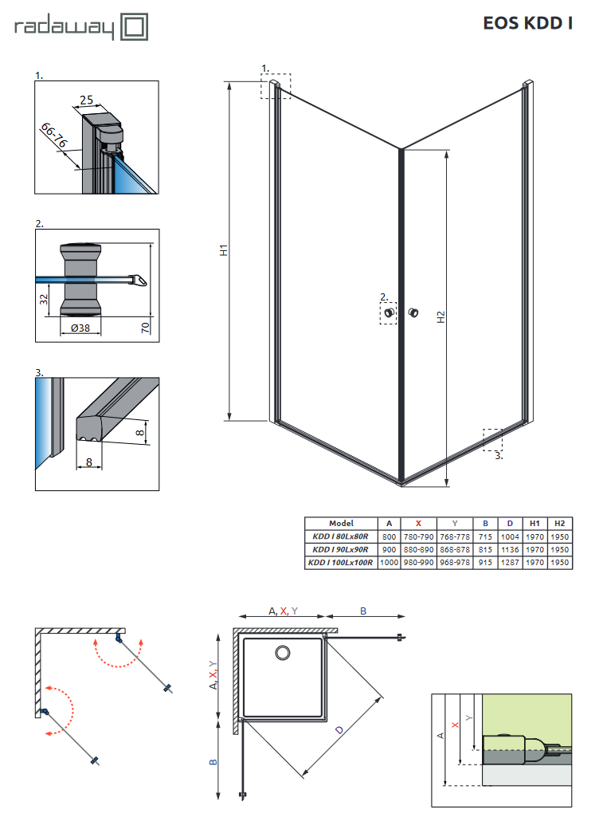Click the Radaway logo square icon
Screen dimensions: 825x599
(134, 29)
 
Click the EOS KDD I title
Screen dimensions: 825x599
(527, 23)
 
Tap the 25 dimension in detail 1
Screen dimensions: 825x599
(87, 100)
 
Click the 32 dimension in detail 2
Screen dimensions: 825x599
(45, 300)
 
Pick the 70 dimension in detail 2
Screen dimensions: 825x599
(146, 326)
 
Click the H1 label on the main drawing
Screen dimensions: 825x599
(225, 249)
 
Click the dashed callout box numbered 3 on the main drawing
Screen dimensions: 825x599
(492, 440)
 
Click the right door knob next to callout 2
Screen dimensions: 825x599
(413, 312)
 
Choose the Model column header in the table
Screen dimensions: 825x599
(340, 523)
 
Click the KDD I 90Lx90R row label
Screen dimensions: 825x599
(340, 549)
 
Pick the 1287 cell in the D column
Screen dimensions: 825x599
(510, 563)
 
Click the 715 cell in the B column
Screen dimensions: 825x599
(485, 536)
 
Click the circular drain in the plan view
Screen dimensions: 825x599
(282, 654)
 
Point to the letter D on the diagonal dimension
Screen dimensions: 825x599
(340, 729)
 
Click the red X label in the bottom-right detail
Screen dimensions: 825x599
(454, 725)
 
